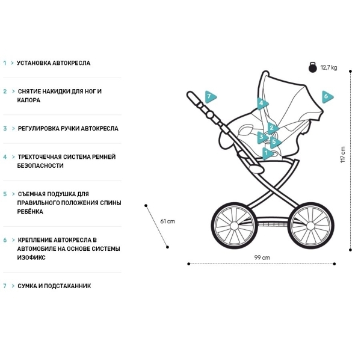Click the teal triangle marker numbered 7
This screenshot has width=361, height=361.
tap(210, 97)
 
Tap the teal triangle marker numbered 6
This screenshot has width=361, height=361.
tap(327, 97)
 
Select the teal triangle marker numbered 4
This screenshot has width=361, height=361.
tap(262, 103)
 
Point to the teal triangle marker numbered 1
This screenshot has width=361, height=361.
tap(267, 153)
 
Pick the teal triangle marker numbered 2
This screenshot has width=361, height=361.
tap(273, 128)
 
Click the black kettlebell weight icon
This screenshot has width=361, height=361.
tap(313, 67)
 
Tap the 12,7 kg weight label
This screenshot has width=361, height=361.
tap(329, 67)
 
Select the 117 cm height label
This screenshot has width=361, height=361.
tap(343, 155)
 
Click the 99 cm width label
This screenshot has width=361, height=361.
tap(262, 258)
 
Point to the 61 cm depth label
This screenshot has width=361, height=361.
tap(168, 221)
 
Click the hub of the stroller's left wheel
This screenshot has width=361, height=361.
tap(234, 226)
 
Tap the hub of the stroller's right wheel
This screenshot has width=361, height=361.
tap(310, 226)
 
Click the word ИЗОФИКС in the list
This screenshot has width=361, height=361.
tap(31, 258)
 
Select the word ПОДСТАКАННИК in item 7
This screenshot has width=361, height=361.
tap(67, 286)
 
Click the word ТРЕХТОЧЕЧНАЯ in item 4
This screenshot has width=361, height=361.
tap(39, 157)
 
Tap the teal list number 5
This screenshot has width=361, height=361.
tap(5, 194)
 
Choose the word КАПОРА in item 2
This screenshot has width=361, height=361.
tap(29, 100)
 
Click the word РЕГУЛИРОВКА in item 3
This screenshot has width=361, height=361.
tap(39, 129)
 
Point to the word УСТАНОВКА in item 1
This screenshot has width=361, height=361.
tap(34, 63)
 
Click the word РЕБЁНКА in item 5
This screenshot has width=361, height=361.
tap(30, 212)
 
